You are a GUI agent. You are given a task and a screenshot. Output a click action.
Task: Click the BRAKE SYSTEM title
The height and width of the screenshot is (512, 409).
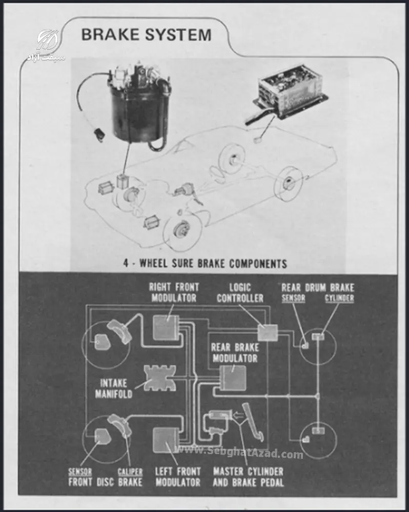pos(146,35)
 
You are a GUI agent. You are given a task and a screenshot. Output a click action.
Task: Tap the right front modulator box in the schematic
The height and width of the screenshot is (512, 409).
pos(166,327)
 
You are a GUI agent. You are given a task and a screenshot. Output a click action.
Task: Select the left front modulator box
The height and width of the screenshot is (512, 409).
pos(166,440)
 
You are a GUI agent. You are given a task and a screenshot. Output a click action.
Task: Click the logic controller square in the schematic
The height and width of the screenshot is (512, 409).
pos(268,332)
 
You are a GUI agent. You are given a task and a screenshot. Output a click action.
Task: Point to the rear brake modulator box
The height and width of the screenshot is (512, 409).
pos(233,377)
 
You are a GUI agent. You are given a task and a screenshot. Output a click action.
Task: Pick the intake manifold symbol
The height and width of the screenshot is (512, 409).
pos(160,378)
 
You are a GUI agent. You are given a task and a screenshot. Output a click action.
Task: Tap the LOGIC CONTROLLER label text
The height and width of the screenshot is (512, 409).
pos(240,293)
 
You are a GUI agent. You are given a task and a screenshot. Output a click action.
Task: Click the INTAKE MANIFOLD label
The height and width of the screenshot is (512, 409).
pos(113,389)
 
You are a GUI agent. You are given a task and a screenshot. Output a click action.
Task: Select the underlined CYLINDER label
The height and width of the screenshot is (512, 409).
pos(339,298)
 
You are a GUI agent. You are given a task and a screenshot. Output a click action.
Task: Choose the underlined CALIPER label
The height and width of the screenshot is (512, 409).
pos(130,472)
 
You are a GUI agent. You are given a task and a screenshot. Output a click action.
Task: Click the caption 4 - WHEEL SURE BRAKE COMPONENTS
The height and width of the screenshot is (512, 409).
pos(205,263)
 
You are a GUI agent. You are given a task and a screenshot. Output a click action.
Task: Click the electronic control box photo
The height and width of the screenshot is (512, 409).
pos(290,95)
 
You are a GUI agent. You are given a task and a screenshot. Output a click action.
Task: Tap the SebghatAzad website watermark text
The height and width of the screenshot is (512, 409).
pos(239,453)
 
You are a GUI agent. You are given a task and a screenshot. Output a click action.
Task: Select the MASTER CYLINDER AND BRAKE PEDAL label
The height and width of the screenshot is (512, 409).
pos(248,477)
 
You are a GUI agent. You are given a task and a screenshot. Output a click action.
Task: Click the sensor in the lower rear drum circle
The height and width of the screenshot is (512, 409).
pos(305,439)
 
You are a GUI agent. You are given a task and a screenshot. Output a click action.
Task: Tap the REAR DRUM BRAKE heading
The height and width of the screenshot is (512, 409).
pos(318,288)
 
